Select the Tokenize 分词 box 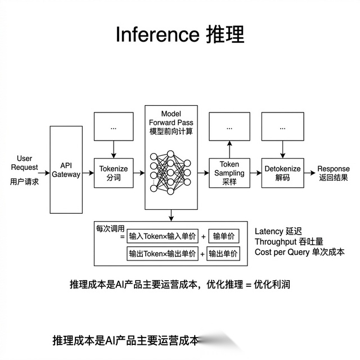click(114, 173)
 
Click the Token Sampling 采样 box click(228, 173)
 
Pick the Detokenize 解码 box click(282, 173)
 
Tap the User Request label click(24, 163)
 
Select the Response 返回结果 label click(334, 173)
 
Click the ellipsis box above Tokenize click(114, 128)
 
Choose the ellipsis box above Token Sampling click(228, 128)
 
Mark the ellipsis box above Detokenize click(282, 128)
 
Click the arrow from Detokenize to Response click(309, 173)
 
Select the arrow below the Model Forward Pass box click(171, 214)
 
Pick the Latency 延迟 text click(278, 231)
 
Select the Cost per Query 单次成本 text click(299, 252)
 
